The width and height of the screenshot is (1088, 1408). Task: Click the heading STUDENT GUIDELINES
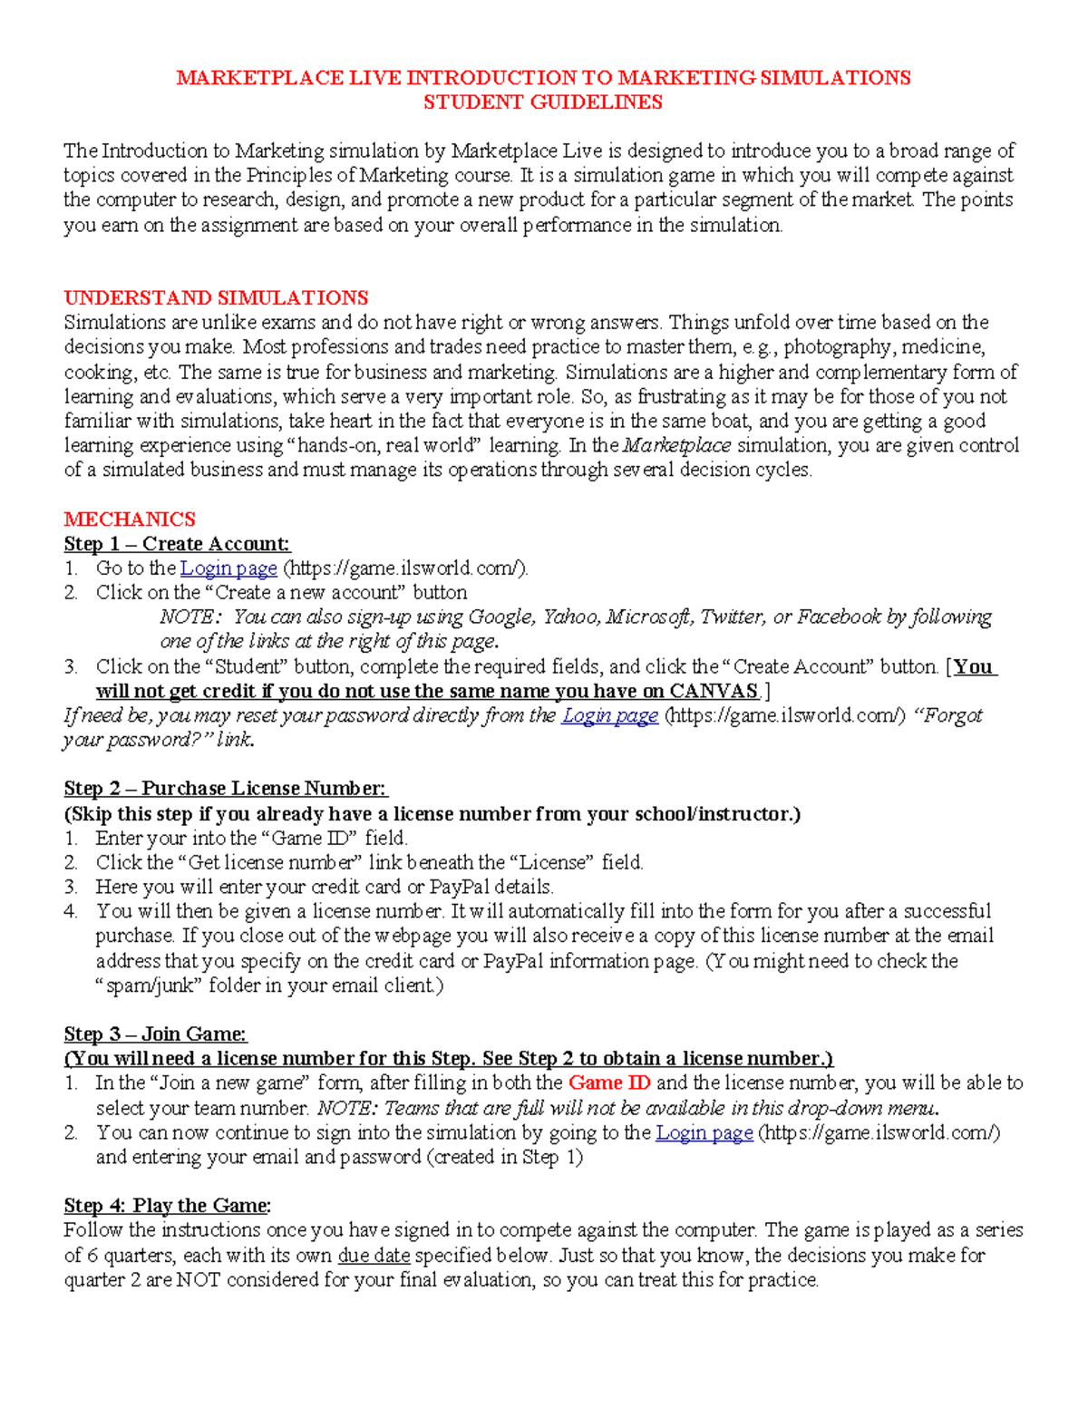click(x=542, y=102)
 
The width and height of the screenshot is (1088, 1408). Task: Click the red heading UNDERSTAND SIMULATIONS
click(x=216, y=298)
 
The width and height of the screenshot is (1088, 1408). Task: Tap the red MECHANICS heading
click(x=130, y=520)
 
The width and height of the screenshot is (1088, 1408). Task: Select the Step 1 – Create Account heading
click(x=177, y=544)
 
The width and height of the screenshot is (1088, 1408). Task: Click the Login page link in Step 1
click(x=228, y=568)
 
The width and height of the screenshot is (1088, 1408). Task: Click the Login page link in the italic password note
click(x=609, y=715)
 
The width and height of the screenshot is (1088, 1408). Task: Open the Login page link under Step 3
click(x=704, y=1132)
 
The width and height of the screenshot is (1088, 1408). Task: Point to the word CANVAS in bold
click(x=714, y=691)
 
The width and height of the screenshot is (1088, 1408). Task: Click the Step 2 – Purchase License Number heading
click(x=225, y=789)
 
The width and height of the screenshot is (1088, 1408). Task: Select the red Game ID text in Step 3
click(x=609, y=1083)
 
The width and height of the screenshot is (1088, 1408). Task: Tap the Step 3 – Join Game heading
click(x=155, y=1034)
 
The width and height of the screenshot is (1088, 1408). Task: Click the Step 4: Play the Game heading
click(x=167, y=1206)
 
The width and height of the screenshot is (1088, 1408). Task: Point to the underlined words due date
click(x=374, y=1256)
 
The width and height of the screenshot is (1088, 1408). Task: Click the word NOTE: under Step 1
click(x=189, y=617)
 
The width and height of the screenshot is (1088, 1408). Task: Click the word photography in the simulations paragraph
click(x=837, y=347)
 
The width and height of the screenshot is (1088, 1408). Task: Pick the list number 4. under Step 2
click(x=71, y=911)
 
